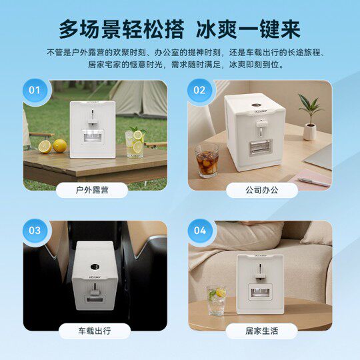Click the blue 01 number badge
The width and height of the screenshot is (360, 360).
35,90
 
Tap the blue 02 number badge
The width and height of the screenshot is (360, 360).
199,90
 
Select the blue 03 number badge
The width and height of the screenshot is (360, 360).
35,231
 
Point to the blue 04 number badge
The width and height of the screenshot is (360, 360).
200,231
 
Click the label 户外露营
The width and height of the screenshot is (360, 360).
92,190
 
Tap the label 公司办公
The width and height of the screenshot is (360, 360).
262,190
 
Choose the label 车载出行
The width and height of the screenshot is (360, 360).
95,331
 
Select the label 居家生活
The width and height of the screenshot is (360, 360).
262,331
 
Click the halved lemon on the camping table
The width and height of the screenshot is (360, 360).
45,147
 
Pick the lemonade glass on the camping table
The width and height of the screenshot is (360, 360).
135,144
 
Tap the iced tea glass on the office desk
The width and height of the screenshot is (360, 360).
207,161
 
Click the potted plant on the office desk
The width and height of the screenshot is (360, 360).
310,117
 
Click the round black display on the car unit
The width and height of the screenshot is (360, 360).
95,267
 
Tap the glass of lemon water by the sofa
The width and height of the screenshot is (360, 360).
216,300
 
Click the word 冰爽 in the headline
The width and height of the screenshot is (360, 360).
217,29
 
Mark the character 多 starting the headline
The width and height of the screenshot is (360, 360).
69,29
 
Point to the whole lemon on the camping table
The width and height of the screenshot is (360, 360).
60,146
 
